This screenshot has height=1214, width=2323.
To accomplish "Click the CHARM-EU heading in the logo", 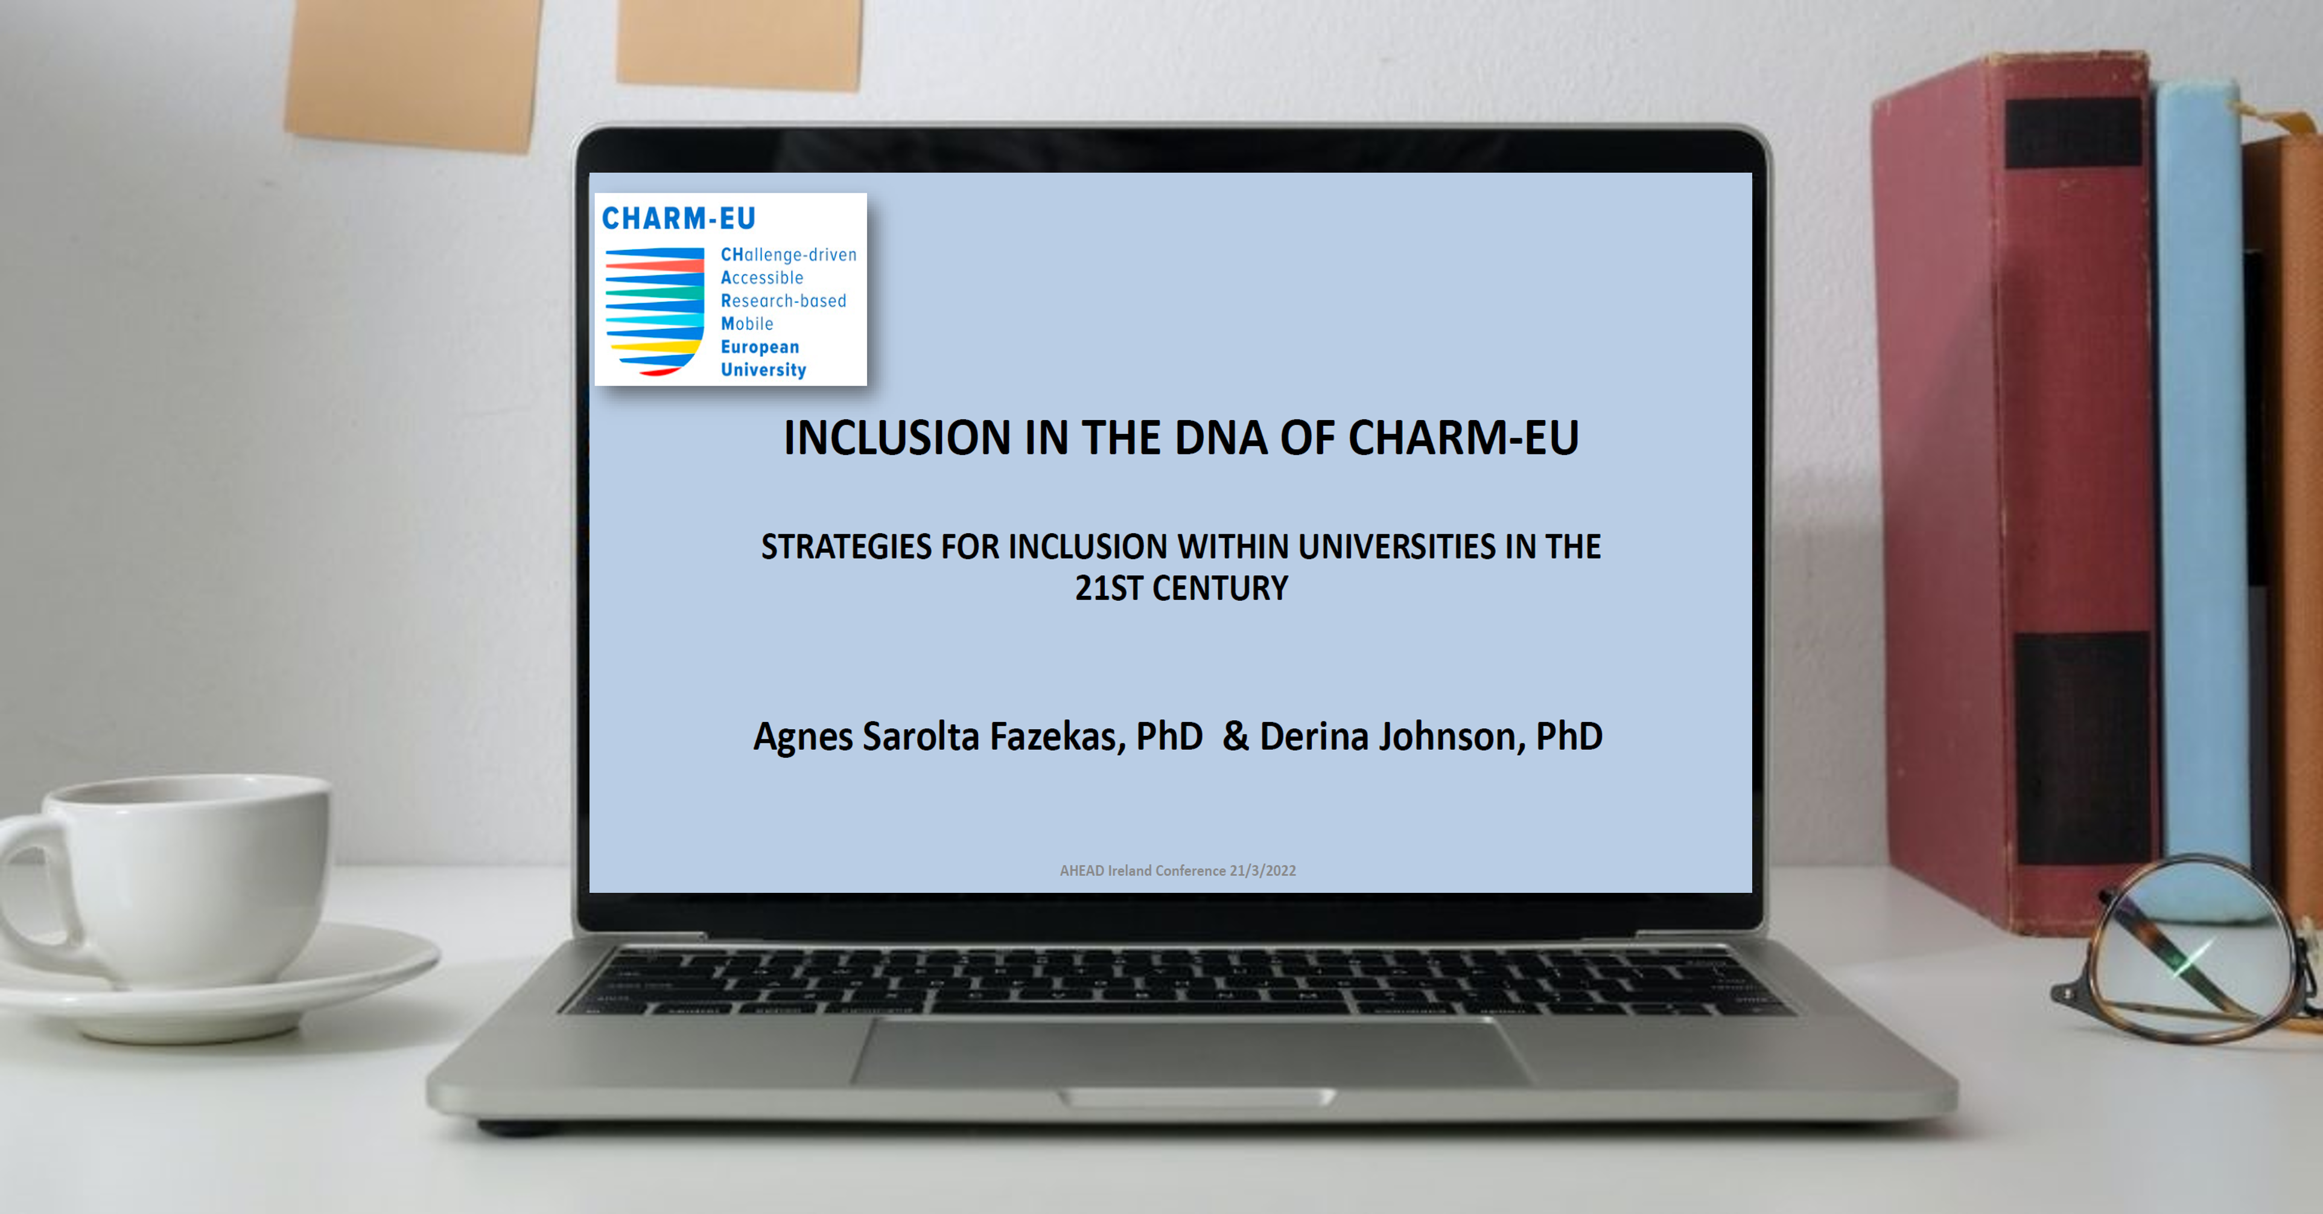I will [678, 219].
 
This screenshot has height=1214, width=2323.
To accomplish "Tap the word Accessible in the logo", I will [762, 278].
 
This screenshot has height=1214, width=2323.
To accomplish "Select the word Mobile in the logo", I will [747, 324].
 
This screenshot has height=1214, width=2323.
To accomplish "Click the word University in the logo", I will [763, 370].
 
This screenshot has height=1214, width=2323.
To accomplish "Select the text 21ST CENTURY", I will [1181, 588].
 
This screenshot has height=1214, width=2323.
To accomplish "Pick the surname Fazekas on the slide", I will [1057, 736].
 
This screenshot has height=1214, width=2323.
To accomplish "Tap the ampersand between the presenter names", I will [1236, 736].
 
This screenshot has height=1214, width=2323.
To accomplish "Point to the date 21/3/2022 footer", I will [1262, 871].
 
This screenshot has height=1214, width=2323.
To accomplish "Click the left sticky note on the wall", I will [413, 72].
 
